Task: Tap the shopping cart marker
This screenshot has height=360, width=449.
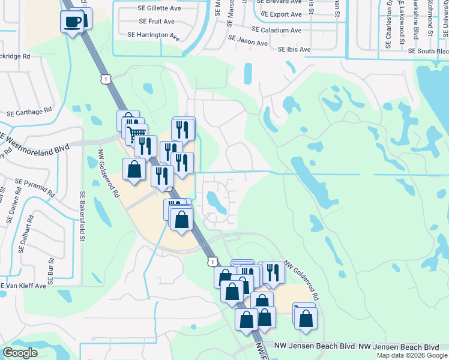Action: [137, 134]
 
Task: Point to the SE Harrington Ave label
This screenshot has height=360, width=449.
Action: [154, 35]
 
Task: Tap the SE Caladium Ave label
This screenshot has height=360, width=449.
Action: [276, 30]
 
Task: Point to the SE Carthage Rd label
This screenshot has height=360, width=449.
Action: [29, 112]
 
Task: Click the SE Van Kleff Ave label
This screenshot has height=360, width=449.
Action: [23, 286]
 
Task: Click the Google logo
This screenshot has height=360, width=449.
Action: [20, 353]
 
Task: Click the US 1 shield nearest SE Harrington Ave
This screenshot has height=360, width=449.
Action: [106, 79]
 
